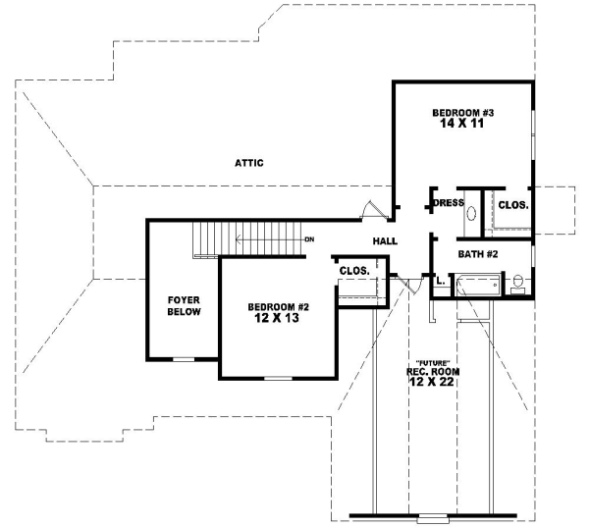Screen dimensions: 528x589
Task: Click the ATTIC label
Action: point(249,163)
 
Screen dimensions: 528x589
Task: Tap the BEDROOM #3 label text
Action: point(463,114)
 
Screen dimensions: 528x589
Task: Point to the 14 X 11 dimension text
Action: point(462,127)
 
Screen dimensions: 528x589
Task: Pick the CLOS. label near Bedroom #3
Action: point(513,205)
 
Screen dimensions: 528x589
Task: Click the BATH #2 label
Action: point(479,254)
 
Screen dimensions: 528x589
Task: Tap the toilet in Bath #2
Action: point(517,286)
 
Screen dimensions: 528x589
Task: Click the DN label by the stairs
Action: point(307,239)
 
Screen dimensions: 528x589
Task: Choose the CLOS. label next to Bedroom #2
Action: point(353,270)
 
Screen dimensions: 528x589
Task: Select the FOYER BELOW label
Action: point(185,305)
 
